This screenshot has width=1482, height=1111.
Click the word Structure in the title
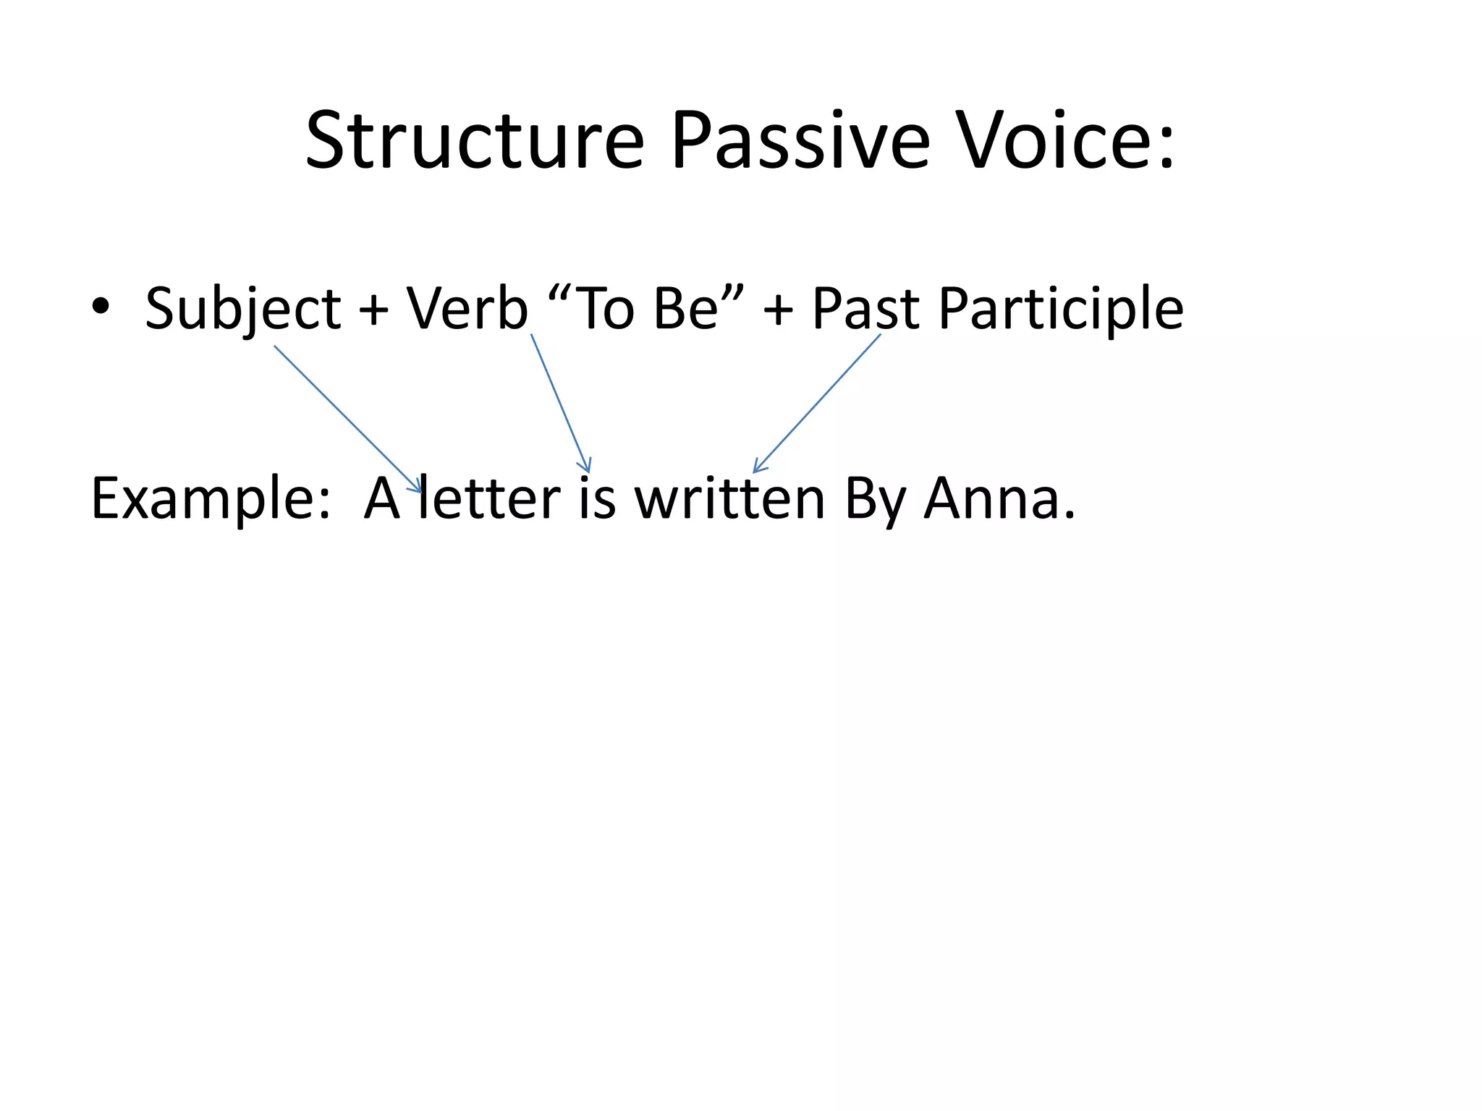coord(474,141)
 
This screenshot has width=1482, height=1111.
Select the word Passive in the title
coord(800,141)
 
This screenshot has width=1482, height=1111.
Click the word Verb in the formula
coord(467,308)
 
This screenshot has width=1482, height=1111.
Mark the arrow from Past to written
coord(818,402)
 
